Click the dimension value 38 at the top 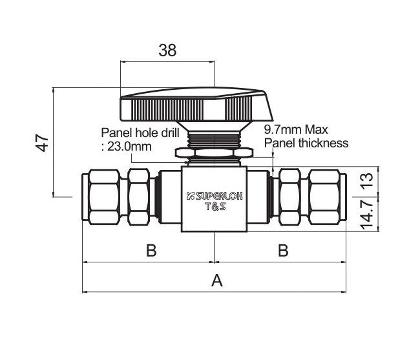point(167,50)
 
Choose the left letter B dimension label point(151,251)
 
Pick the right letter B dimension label point(282,251)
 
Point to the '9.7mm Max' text point(297,129)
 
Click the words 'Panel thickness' point(306,143)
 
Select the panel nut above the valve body point(214,153)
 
